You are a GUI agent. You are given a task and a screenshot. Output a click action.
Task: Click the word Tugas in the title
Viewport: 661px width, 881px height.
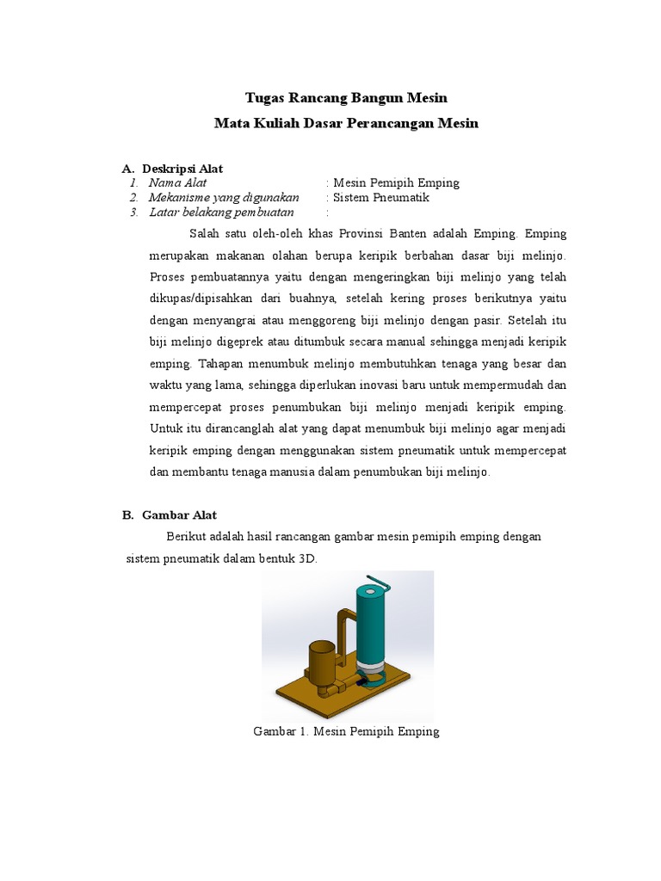pos(263,98)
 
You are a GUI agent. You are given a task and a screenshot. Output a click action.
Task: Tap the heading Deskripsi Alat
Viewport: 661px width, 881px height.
pos(182,169)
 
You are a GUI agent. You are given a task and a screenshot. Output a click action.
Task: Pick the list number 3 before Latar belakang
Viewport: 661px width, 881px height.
pos(133,213)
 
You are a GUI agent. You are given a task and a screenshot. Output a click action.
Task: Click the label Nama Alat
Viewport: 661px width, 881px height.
pos(177,183)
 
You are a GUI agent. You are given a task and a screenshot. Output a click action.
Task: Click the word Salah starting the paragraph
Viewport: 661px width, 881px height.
pos(205,234)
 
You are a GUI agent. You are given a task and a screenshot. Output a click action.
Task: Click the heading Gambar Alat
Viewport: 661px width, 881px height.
pos(179,515)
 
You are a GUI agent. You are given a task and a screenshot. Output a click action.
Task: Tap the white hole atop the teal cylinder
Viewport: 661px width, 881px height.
pos(370,592)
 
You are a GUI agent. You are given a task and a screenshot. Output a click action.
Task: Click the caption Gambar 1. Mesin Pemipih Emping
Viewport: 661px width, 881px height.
pos(346,731)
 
